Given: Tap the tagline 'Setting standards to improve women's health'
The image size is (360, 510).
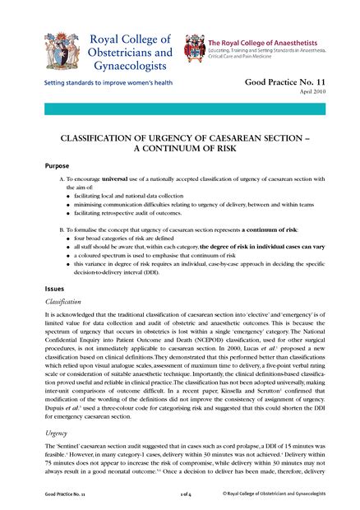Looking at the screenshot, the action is [101, 83].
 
